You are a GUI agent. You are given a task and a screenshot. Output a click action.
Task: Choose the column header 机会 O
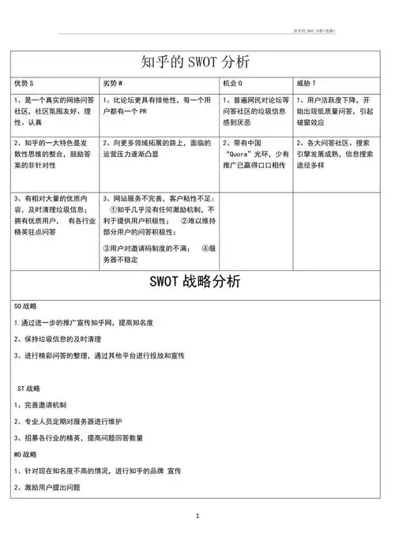tap(232, 83)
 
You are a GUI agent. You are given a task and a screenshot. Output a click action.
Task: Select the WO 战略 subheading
tap(26, 455)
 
